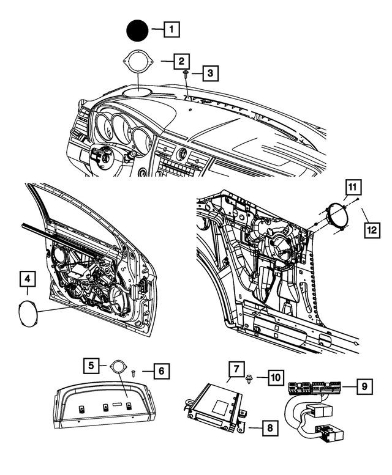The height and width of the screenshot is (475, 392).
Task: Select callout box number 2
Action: (x=181, y=61)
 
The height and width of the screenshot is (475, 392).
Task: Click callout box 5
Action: (x=91, y=366)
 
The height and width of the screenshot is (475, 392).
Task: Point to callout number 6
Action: (x=161, y=370)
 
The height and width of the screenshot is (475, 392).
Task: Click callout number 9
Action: (x=364, y=386)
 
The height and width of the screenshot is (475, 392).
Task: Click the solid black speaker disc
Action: (x=137, y=29)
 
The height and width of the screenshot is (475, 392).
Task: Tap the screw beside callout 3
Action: (x=185, y=74)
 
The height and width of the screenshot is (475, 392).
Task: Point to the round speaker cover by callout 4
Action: (x=28, y=314)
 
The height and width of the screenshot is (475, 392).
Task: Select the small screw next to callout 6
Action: (x=134, y=371)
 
